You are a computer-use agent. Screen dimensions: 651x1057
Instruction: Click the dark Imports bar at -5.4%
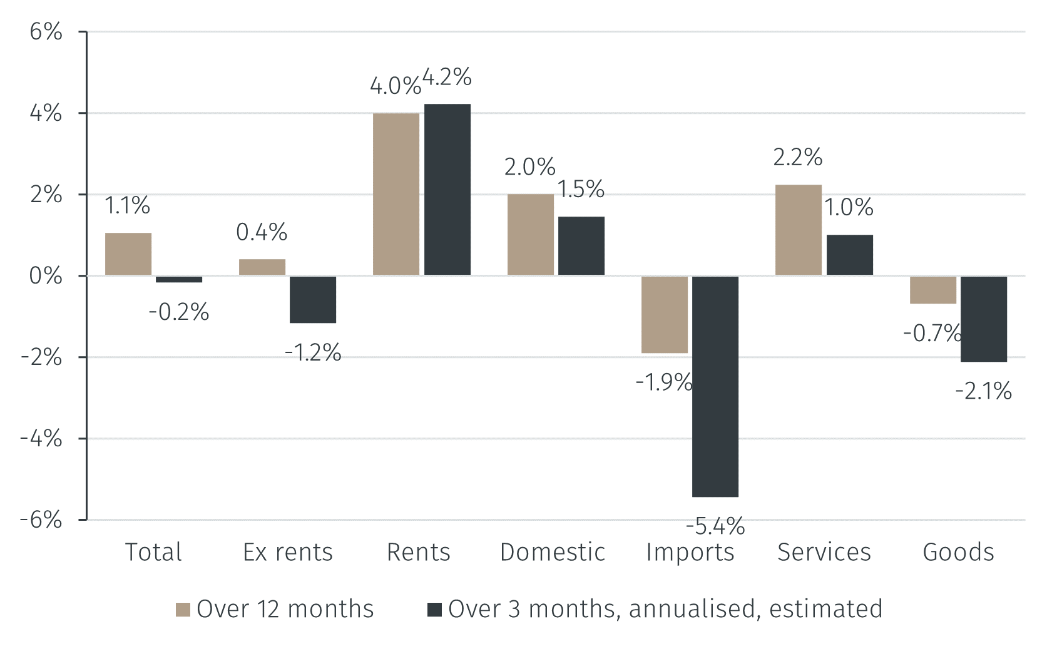point(715,386)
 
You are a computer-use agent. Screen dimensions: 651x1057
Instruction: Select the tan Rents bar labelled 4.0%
point(396,194)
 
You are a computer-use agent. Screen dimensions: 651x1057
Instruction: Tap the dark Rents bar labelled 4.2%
point(447,189)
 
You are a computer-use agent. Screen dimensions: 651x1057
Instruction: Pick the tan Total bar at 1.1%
point(128,254)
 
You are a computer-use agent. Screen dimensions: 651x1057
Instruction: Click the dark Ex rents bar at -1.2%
point(312,299)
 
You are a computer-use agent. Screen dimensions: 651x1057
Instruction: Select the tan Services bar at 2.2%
point(798,230)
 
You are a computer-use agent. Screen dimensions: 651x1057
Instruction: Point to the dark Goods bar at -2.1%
point(983,319)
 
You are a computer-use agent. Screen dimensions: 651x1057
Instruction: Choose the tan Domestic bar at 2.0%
point(530,235)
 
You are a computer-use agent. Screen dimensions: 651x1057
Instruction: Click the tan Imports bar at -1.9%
point(664,314)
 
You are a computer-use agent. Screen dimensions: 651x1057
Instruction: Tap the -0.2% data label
point(179,312)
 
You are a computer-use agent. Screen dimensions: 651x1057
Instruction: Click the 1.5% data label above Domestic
point(581,189)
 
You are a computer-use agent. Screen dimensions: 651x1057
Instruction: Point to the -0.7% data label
point(932,333)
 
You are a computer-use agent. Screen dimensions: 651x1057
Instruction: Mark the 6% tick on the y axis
point(46,31)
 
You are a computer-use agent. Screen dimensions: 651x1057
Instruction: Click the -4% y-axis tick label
point(41,438)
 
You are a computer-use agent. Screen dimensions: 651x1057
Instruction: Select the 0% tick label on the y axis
point(46,275)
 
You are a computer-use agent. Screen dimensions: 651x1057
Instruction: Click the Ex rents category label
point(288,552)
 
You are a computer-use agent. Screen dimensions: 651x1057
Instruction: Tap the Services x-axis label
point(824,552)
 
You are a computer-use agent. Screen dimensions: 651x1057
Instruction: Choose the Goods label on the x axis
point(958,552)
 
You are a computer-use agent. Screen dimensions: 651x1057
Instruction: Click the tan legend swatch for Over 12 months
point(183,610)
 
